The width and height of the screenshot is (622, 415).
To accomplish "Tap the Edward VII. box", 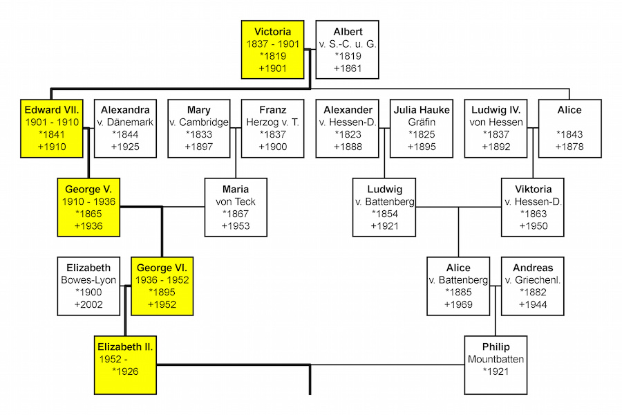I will coord(52,128).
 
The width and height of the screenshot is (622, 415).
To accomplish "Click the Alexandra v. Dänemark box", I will coord(125,128).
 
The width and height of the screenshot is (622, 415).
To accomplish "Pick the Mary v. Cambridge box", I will coord(198,128).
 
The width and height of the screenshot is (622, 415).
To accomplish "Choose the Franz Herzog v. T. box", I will coord(272,128).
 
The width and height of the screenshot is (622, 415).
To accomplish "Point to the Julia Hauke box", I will coord(422,128).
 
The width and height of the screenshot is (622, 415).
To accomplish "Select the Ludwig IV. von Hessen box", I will coord(496,128).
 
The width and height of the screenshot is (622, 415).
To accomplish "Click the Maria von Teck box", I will coord(236,207).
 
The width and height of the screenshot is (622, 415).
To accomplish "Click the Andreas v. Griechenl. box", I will coord(533,286).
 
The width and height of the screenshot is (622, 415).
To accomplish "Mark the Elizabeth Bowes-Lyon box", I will coord(88,286).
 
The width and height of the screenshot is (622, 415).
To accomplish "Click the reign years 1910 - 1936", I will coord(88,201).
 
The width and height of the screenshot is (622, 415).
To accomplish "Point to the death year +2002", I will coord(88,304).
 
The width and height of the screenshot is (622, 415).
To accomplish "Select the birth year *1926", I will coord(125,371).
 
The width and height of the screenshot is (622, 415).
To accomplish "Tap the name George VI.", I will coord(162,268).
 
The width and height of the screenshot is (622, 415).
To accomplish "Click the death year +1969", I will coord(458,304).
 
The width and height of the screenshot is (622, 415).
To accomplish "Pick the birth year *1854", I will coord(384,214).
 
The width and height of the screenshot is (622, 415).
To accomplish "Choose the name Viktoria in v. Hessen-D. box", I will coord(533,189).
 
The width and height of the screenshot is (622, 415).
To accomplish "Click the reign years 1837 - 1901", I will coord(272,44).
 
